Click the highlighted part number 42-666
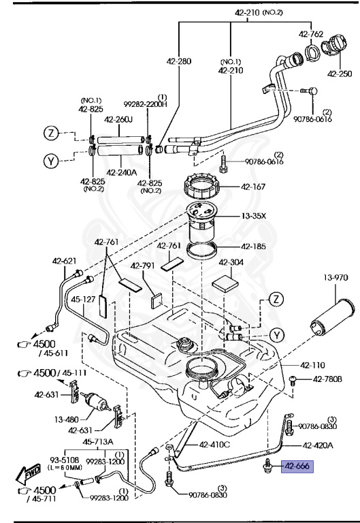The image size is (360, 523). pyautogui.click(x=297, y=466)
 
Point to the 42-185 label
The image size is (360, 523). pyautogui.click(x=271, y=247)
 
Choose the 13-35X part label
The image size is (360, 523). pyautogui.click(x=270, y=216)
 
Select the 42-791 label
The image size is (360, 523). pyautogui.click(x=144, y=266)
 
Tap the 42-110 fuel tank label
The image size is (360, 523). pyautogui.click(x=314, y=364)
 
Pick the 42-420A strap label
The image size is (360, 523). pyautogui.click(x=317, y=445)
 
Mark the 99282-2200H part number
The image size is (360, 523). pyautogui.click(x=144, y=105)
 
